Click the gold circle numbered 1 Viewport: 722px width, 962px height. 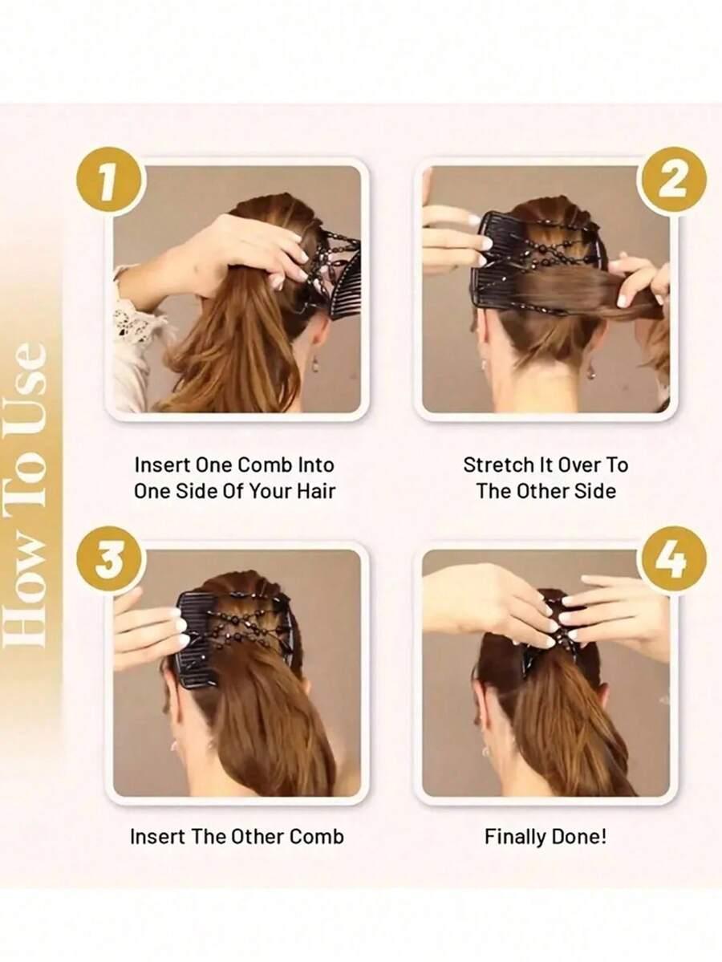coord(110,181)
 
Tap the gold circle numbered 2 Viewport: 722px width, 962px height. coord(672,181)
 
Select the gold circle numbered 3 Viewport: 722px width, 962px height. coord(110,560)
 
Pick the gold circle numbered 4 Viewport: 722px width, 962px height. coord(672,560)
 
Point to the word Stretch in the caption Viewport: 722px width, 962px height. coord(498,465)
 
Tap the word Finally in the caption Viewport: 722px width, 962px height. coord(515,836)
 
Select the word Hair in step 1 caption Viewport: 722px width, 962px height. coord(317,491)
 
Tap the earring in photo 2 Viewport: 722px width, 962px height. coord(591,368)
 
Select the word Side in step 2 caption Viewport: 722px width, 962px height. coord(595,491)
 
